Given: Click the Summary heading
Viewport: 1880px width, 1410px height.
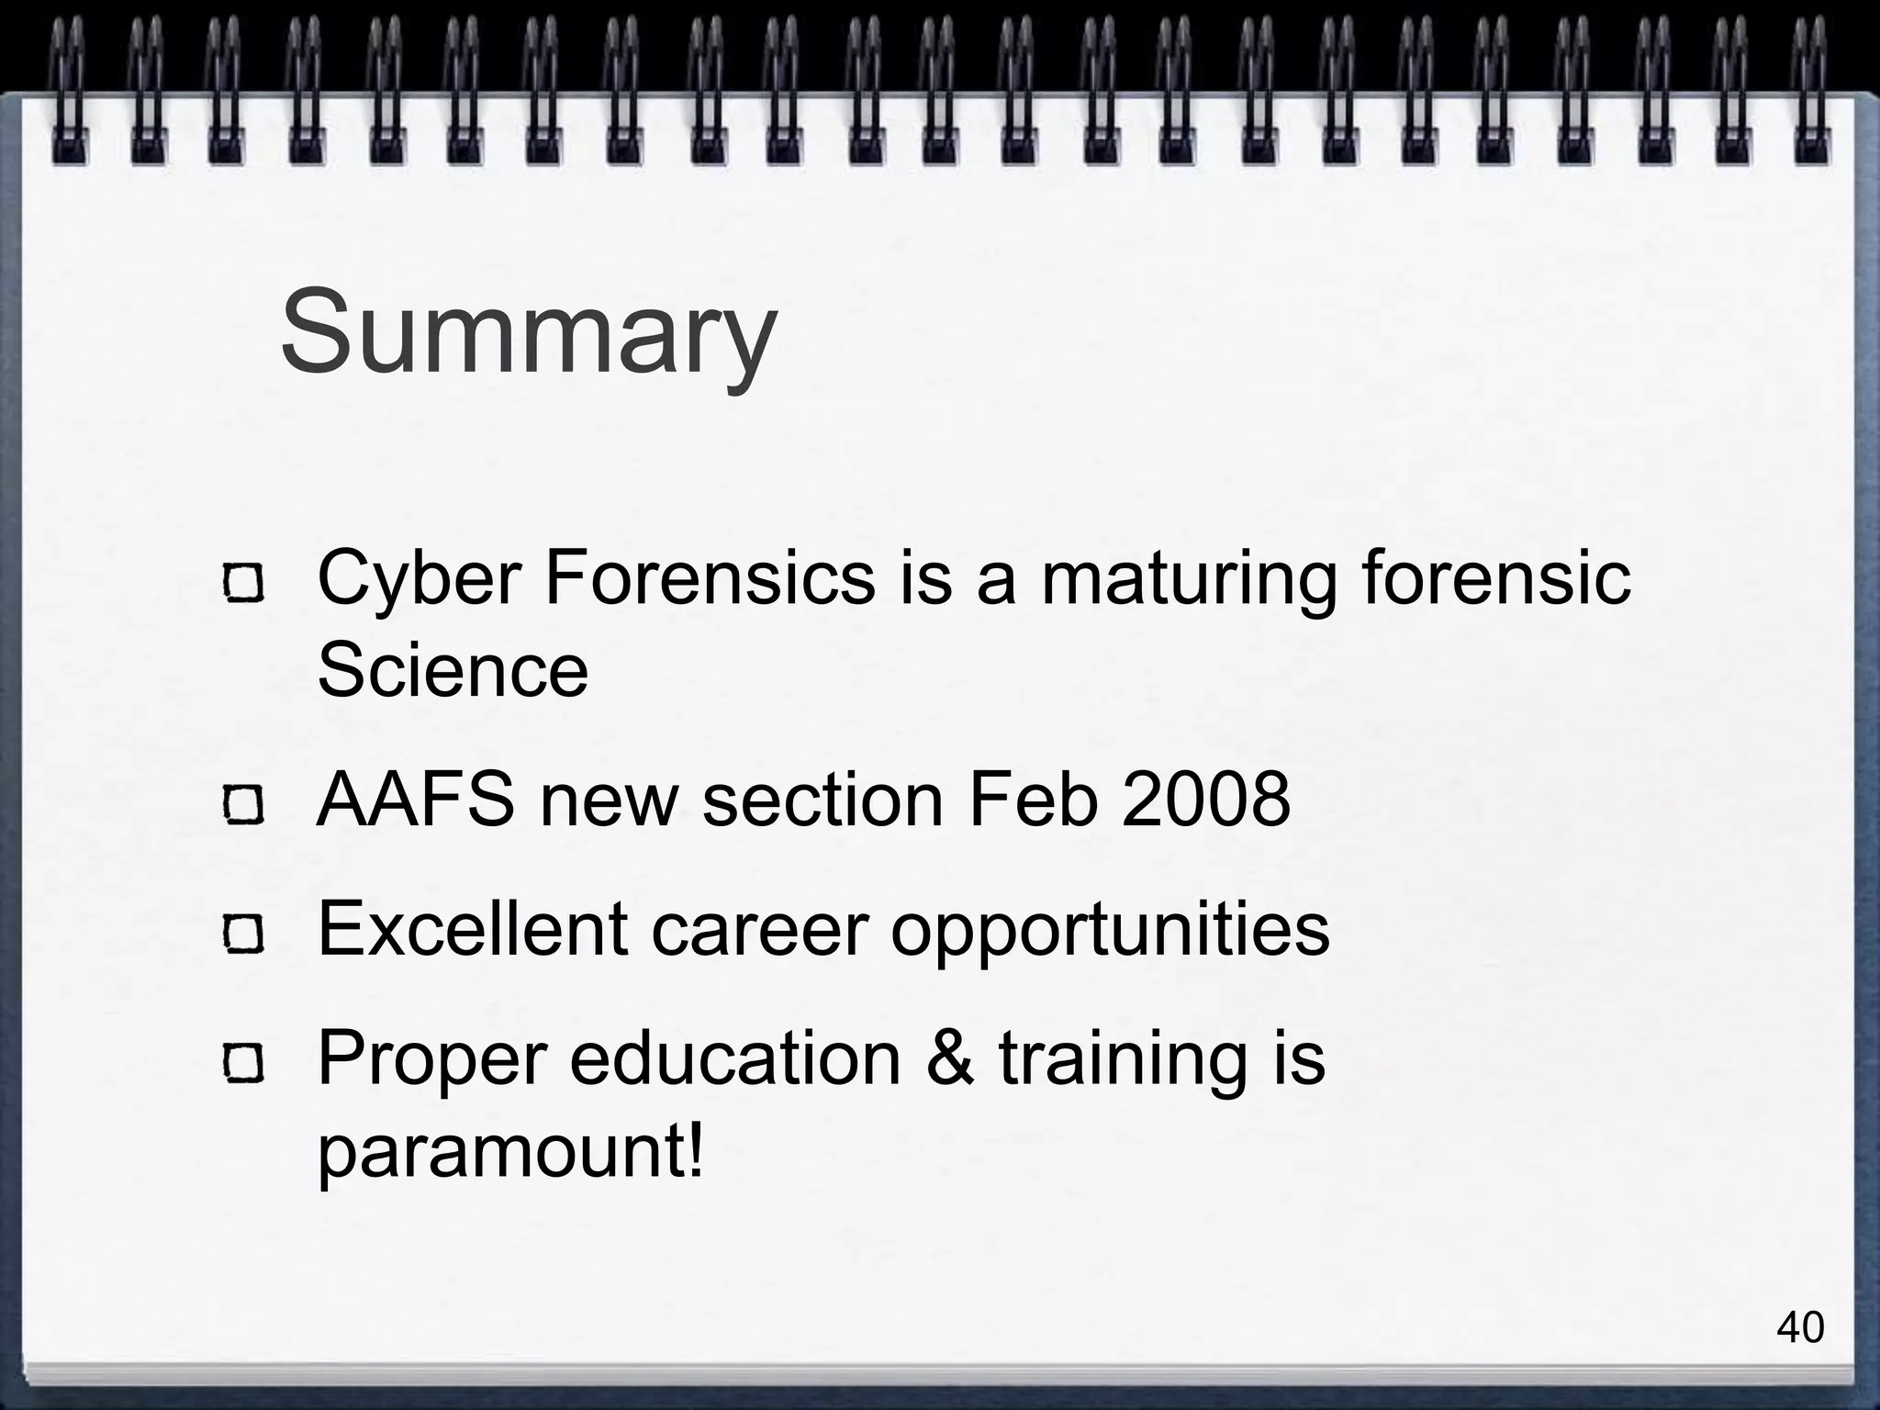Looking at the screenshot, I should click(529, 332).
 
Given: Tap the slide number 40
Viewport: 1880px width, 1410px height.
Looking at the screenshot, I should click(1800, 1326).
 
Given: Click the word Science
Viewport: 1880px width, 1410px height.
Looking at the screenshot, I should click(453, 669).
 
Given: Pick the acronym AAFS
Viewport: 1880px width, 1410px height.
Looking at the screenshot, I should click(416, 800).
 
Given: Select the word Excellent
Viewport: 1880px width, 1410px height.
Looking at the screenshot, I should click(473, 929).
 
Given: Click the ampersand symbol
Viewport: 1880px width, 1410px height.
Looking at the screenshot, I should click(949, 1058).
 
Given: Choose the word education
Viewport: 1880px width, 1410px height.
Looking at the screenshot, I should click(735, 1058).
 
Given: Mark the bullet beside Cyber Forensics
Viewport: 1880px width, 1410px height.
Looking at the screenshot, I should click(243, 583).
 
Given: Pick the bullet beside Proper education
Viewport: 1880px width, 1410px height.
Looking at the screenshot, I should click(243, 1063).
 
